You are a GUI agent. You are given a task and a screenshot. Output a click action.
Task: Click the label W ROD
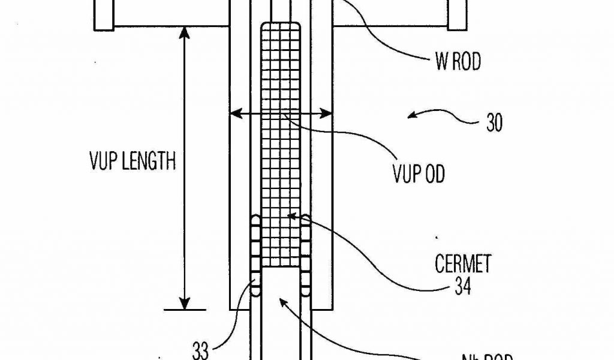click(x=458, y=62)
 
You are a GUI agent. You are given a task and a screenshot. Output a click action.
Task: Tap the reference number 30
click(x=494, y=124)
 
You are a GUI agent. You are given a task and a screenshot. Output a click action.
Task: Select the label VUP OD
click(x=419, y=174)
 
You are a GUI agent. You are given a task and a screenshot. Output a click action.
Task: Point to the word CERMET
click(x=463, y=264)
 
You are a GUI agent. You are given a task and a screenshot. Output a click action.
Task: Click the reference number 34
click(x=462, y=287)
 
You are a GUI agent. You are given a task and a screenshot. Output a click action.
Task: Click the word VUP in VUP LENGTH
click(x=104, y=161)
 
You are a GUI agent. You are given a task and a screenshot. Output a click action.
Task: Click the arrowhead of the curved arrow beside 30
click(x=410, y=114)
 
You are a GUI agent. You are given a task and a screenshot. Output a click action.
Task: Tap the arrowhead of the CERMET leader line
click(x=291, y=214)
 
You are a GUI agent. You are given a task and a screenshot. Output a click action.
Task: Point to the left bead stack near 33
click(x=255, y=255)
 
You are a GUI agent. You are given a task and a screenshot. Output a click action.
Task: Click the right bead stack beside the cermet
click(x=306, y=255)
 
